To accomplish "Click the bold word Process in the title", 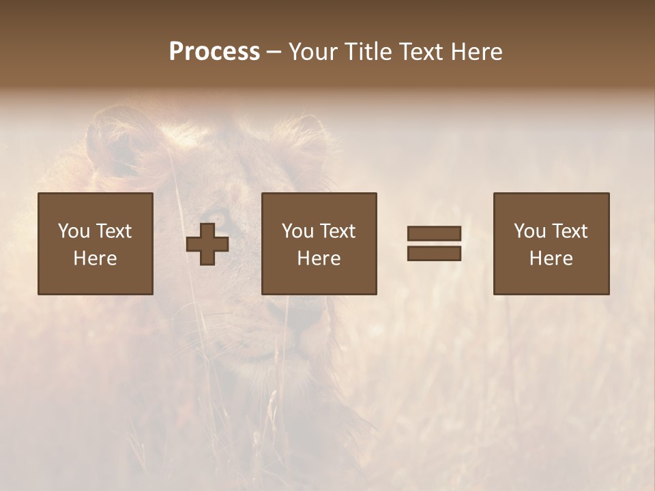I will pos(214,52).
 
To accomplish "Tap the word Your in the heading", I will pos(314,52).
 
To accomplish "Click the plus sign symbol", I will pos(207,244).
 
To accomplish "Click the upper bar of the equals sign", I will pos(434,234).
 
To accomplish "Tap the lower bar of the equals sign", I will pos(434,253).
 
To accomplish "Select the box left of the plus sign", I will pos(96,243).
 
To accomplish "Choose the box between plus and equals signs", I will pos(319,243).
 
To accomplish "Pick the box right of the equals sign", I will pos(551,243).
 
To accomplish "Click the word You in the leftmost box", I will pos(73,231).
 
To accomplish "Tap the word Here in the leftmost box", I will pos(96,258).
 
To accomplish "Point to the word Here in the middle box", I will pos(319,258).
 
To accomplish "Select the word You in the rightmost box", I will pos(529,231).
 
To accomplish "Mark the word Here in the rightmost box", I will pos(551,258).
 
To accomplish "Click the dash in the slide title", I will pos(274,53).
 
